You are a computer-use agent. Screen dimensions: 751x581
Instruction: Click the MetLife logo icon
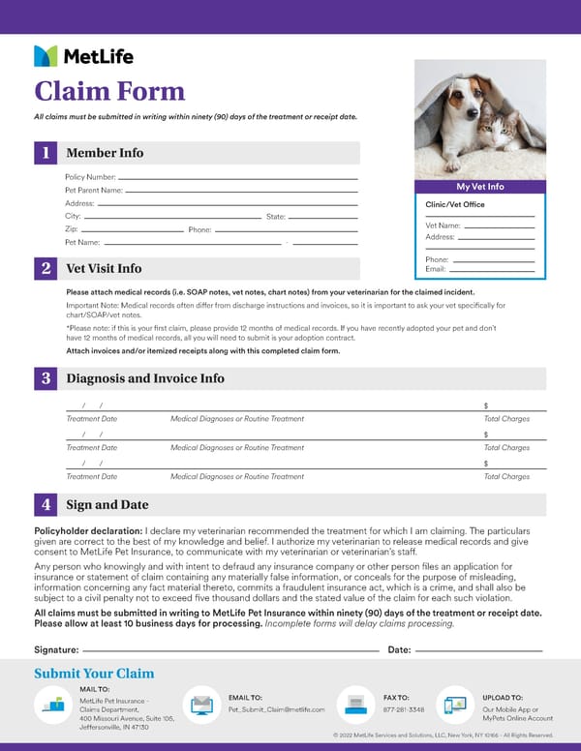tap(46, 56)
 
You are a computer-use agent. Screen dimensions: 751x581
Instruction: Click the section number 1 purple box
tap(46, 153)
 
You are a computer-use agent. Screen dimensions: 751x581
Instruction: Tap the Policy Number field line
tap(237, 178)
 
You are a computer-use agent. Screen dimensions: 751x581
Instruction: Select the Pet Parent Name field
tap(242, 192)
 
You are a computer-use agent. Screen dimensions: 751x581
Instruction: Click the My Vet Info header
tap(480, 187)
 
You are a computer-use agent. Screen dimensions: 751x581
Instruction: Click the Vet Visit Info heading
tap(104, 268)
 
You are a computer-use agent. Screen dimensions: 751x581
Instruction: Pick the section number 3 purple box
tap(46, 378)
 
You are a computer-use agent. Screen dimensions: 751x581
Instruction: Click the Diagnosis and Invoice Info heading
tap(145, 378)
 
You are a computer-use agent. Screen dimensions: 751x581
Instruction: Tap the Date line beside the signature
tap(478, 649)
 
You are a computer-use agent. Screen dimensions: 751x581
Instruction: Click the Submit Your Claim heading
tap(94, 674)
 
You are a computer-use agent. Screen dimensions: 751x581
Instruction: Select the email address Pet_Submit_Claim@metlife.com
tap(276, 709)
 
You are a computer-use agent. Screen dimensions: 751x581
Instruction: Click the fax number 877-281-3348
tap(404, 709)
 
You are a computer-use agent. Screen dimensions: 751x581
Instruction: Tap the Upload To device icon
tap(452, 705)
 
